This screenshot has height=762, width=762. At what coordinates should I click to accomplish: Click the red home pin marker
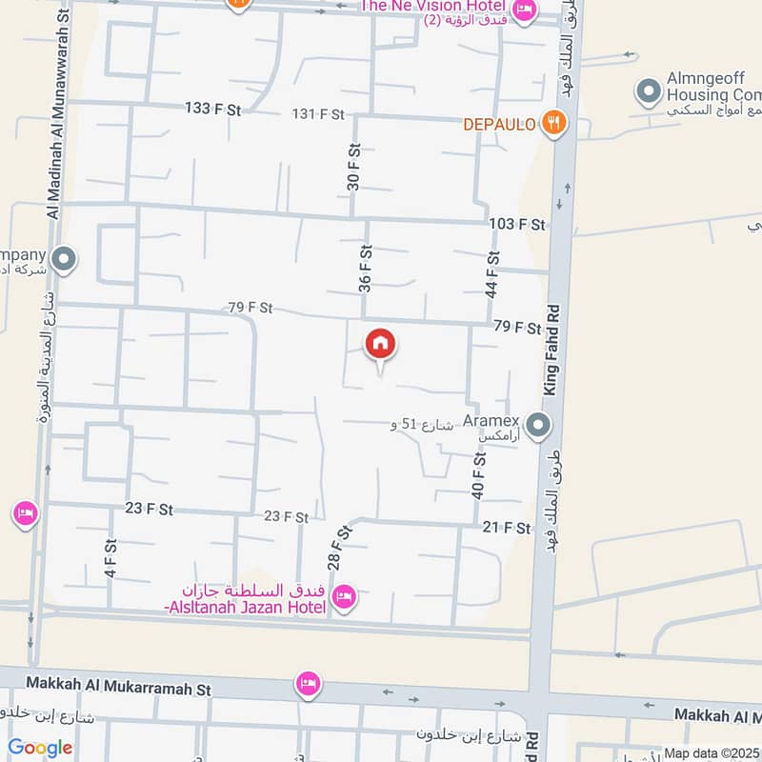tap(380, 345)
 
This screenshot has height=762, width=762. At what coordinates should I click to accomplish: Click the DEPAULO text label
tap(501, 124)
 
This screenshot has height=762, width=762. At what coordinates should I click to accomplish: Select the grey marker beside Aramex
tap(538, 425)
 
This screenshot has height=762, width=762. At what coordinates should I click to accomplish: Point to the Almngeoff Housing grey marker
tap(649, 92)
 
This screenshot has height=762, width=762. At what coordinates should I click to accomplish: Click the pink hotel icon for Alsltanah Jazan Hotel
tap(343, 596)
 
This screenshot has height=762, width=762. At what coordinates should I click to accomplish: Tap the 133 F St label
tap(212, 110)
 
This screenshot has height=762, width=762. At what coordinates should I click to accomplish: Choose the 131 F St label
tap(317, 114)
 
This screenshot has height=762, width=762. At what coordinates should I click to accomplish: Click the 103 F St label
tap(517, 225)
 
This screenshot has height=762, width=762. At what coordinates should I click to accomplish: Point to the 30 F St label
tap(353, 168)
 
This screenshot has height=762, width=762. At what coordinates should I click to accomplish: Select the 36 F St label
tap(364, 269)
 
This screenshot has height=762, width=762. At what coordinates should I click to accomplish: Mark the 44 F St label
tap(492, 274)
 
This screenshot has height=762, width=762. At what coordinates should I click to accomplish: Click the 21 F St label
tap(506, 528)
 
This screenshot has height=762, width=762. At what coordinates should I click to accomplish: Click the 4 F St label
tap(111, 557)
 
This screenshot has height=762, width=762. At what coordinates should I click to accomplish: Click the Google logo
tap(39, 748)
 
